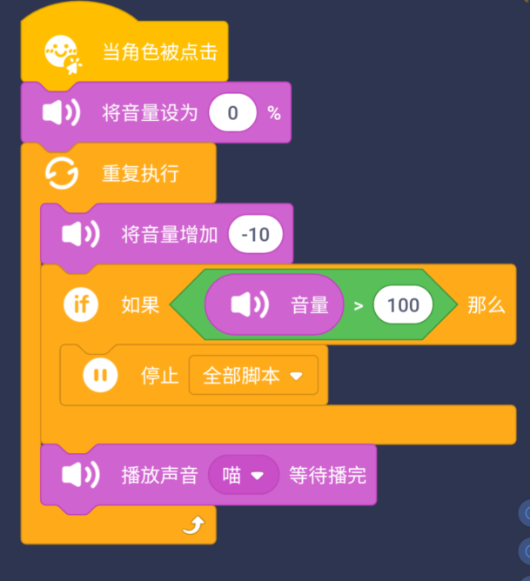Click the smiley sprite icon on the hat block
[x=64, y=53]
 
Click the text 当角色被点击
[x=159, y=52]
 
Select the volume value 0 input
[x=232, y=113]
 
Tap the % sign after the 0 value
[x=274, y=113]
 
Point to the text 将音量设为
[x=151, y=113]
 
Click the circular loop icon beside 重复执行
[x=62, y=173]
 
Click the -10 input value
[x=255, y=235]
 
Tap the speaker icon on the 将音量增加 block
[x=81, y=235]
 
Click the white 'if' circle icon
[x=81, y=304]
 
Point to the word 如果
[x=140, y=304]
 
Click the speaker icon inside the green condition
[x=249, y=304]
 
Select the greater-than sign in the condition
[x=358, y=305]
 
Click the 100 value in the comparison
[x=403, y=304]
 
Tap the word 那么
[x=486, y=304]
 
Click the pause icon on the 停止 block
[x=101, y=376]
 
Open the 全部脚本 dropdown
[x=253, y=376]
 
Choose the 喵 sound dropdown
[x=244, y=475]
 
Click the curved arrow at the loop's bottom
[x=196, y=524]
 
